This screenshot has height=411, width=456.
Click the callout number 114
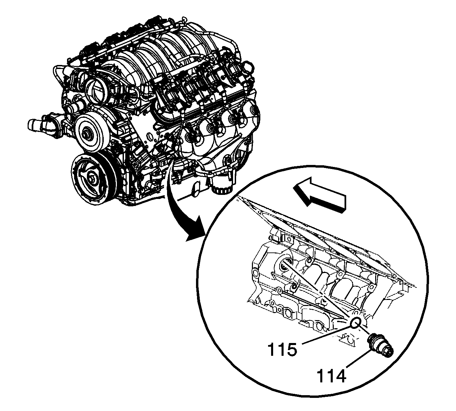332,376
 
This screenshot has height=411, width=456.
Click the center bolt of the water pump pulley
88,134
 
